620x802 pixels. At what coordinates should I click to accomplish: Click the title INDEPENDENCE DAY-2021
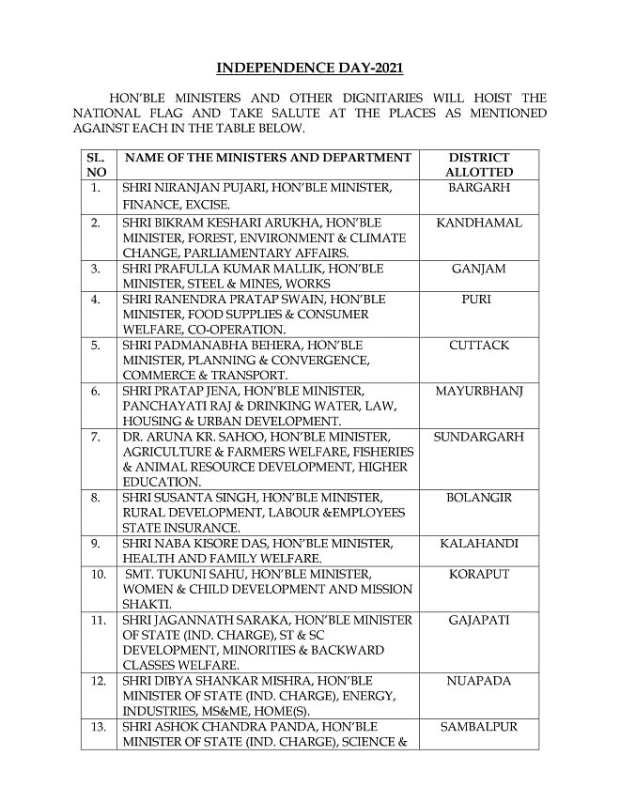click(310, 69)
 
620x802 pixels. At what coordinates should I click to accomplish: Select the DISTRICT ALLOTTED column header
click(479, 164)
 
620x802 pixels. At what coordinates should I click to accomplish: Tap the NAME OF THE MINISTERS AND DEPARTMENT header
click(268, 158)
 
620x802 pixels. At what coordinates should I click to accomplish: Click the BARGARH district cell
click(479, 188)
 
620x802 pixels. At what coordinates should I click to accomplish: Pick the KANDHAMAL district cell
click(479, 224)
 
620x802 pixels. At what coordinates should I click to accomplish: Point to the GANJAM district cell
click(479, 269)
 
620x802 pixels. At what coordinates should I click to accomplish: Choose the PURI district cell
click(479, 300)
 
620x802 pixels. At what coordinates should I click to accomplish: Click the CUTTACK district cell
click(479, 346)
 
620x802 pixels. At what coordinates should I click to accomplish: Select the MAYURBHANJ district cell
click(479, 391)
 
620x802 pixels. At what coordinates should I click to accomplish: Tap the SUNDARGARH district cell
click(479, 437)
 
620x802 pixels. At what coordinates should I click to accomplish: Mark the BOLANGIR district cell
click(479, 498)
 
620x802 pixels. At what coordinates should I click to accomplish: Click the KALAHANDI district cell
click(479, 544)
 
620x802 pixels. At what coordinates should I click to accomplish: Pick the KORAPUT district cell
click(479, 574)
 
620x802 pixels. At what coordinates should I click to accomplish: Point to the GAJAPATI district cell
click(479, 620)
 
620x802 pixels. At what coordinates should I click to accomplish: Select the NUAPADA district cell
click(479, 681)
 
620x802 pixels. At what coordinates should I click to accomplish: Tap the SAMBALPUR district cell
click(479, 727)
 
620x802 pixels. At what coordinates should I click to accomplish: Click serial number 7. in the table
click(96, 437)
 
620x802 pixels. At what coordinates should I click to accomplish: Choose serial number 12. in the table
click(98, 681)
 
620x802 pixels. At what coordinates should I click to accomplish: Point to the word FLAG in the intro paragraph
click(184, 113)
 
